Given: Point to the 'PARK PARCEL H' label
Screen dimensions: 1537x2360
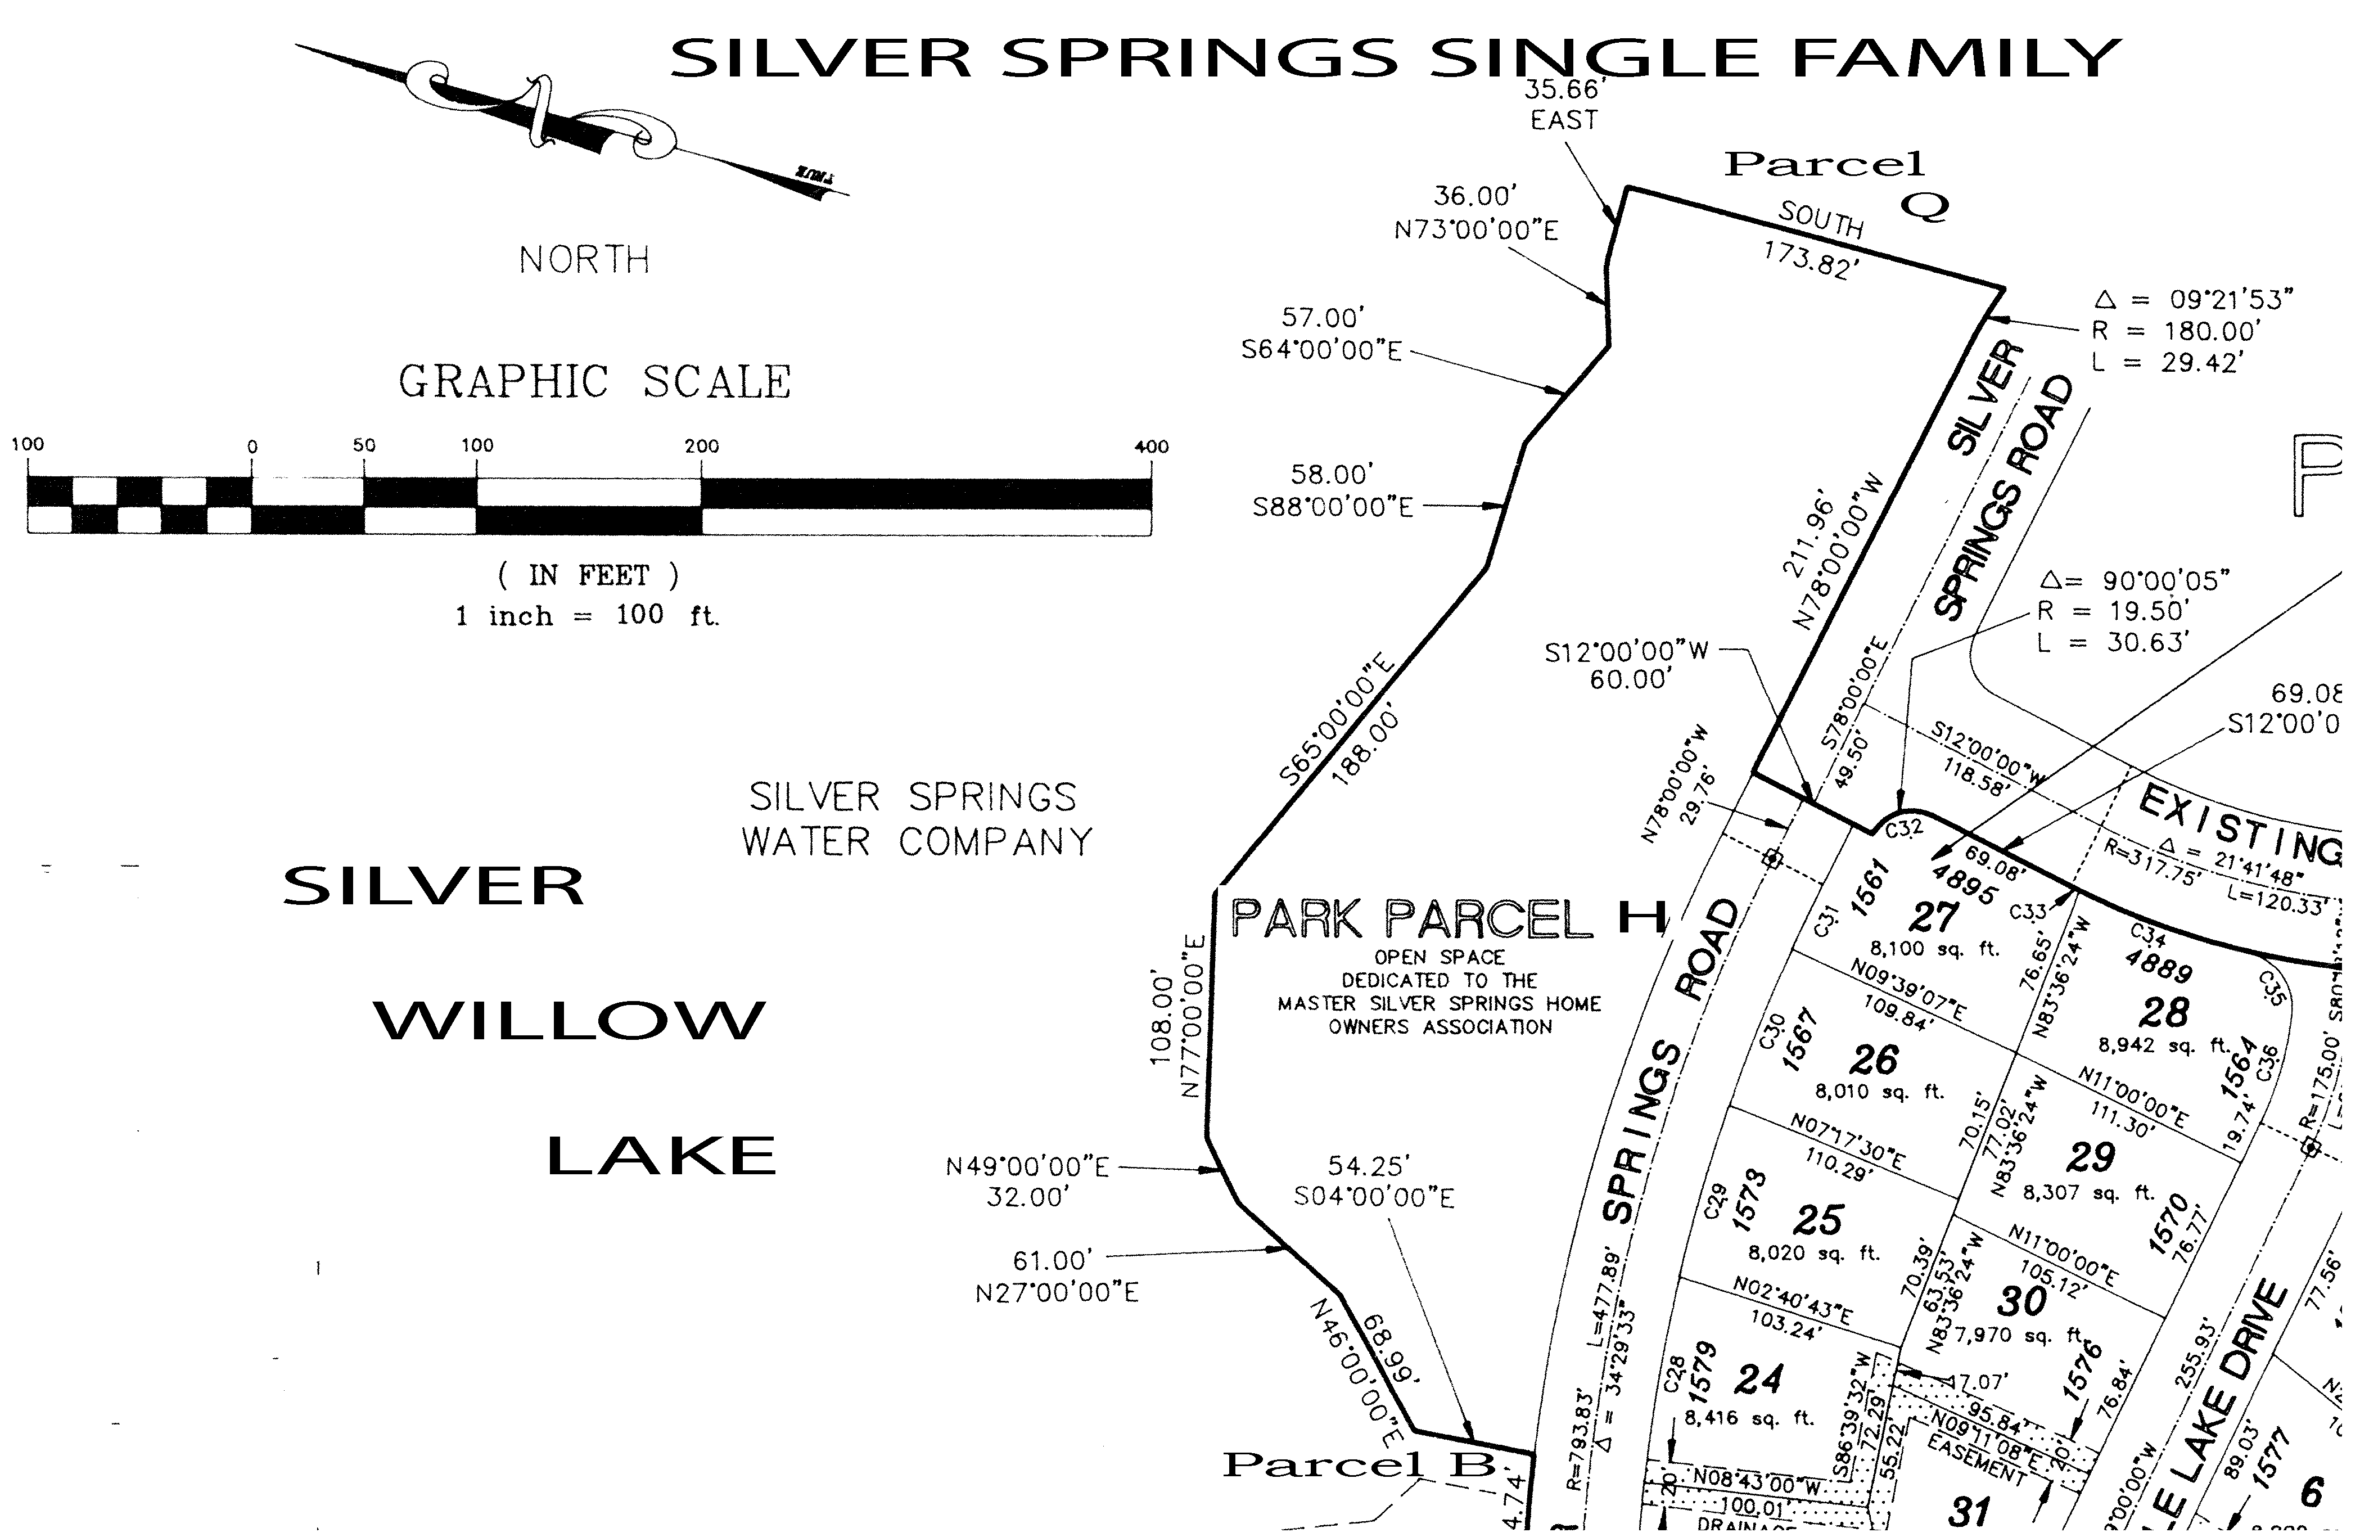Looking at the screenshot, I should pyautogui.click(x=1448, y=920).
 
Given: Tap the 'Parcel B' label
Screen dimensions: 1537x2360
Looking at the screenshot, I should pyautogui.click(x=1359, y=1464).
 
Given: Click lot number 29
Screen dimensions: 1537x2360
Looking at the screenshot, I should pyautogui.click(x=2090, y=1157).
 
